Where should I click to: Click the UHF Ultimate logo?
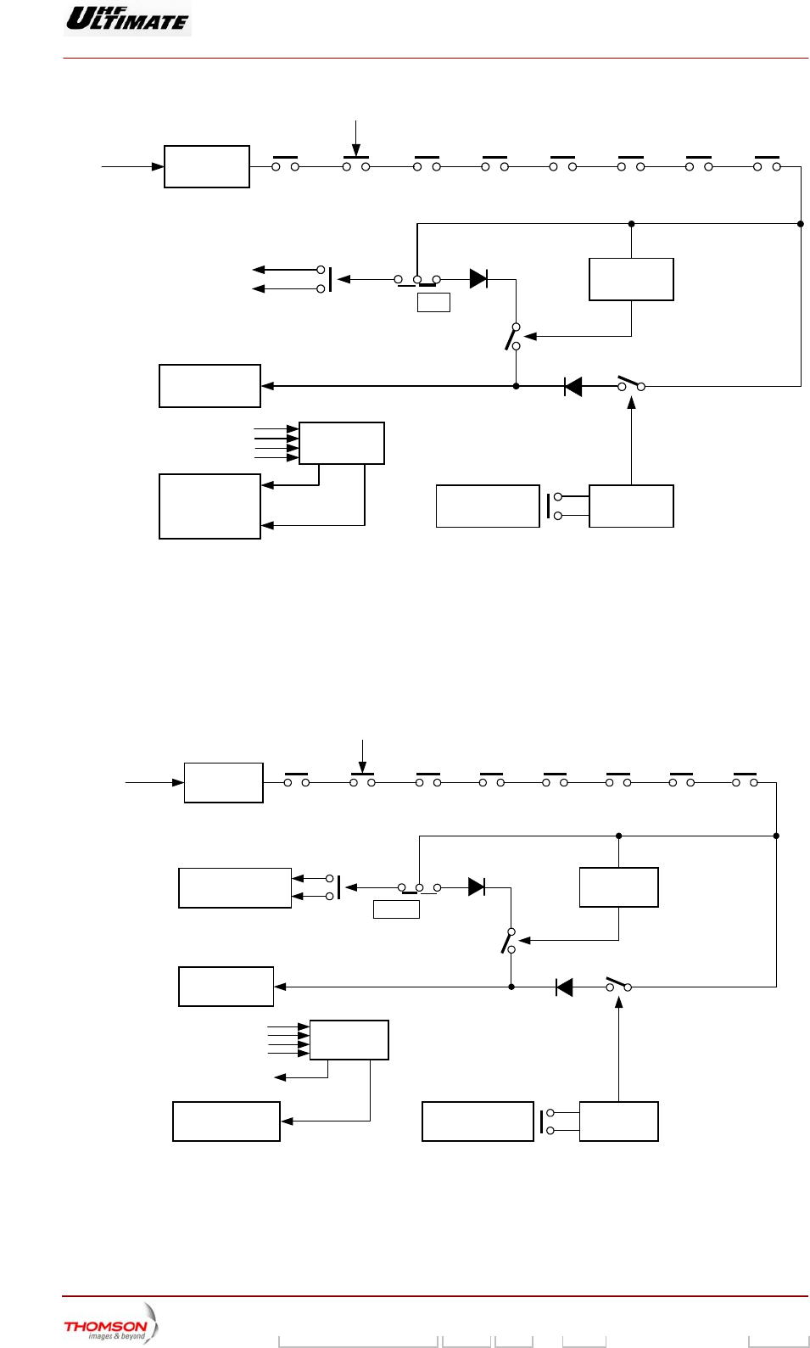click(127, 18)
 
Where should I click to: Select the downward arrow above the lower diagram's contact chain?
click(362, 755)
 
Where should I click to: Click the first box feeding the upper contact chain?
click(206, 166)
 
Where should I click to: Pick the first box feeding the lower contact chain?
click(223, 782)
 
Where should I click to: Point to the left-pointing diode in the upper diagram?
click(573, 387)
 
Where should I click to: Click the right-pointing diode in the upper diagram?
click(478, 278)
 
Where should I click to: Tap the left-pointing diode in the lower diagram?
click(564, 987)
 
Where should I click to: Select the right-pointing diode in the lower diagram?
click(477, 887)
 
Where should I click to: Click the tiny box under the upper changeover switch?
click(433, 302)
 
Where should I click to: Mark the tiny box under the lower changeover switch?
click(396, 909)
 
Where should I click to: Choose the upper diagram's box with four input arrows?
click(341, 443)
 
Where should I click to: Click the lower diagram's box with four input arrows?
click(349, 1040)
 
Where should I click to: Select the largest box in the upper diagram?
click(209, 506)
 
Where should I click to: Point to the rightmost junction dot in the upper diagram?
click(801, 224)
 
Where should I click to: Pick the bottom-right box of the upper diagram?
click(631, 506)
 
